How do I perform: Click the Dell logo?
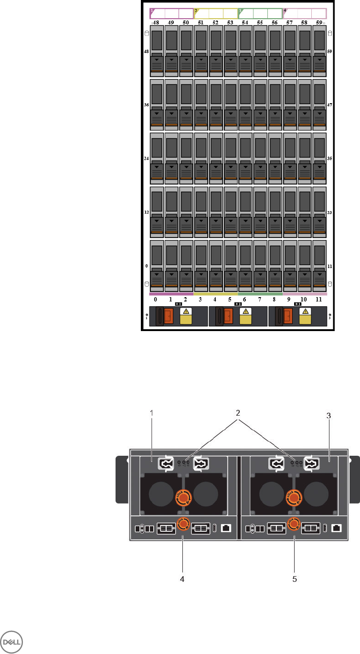point(13,640)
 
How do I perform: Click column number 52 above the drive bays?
point(216,22)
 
